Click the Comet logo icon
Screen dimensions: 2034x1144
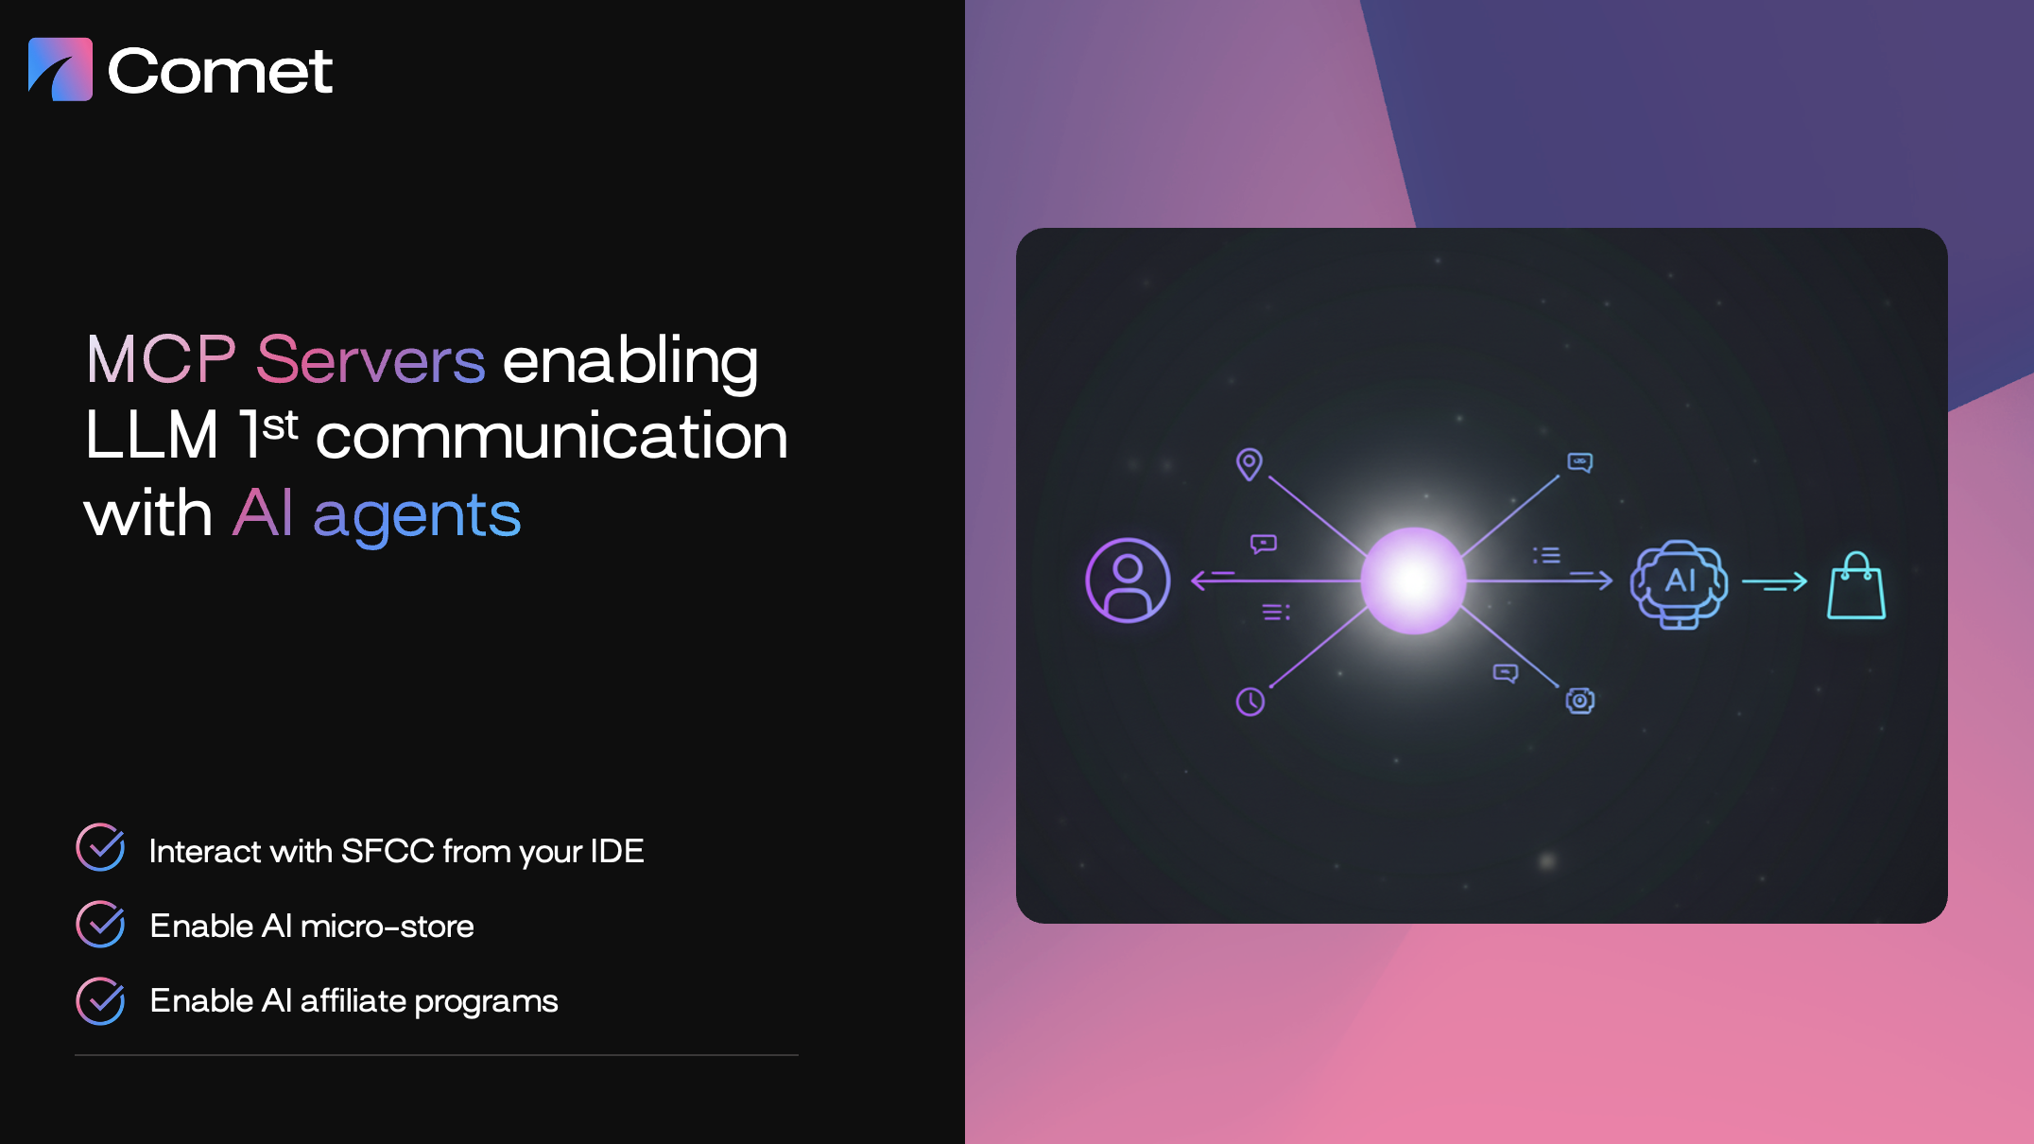coord(60,69)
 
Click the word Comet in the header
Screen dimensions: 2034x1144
coord(220,71)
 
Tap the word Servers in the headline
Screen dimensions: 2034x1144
coord(371,360)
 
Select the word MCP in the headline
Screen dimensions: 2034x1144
coord(161,360)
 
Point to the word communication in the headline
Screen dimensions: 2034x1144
coord(551,436)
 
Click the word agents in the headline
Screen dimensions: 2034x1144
coord(417,516)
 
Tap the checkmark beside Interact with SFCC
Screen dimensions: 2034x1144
coord(100,847)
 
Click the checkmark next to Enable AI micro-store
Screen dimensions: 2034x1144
coord(100,924)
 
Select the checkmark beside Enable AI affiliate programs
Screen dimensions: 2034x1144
coord(100,1000)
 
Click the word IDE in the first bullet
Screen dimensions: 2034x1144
coord(616,851)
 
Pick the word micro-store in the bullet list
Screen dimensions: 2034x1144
coord(387,926)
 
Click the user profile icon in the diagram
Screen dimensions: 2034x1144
coord(1128,581)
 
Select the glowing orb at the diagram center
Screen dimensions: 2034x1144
coord(1413,581)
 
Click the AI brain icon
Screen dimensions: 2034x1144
coord(1680,583)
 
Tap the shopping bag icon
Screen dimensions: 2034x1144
coord(1856,586)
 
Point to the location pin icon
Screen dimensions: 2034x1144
coord(1250,464)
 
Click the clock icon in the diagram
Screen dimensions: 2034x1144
coord(1250,702)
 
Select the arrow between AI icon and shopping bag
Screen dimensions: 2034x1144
coord(1774,583)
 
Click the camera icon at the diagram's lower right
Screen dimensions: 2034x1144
coord(1580,701)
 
